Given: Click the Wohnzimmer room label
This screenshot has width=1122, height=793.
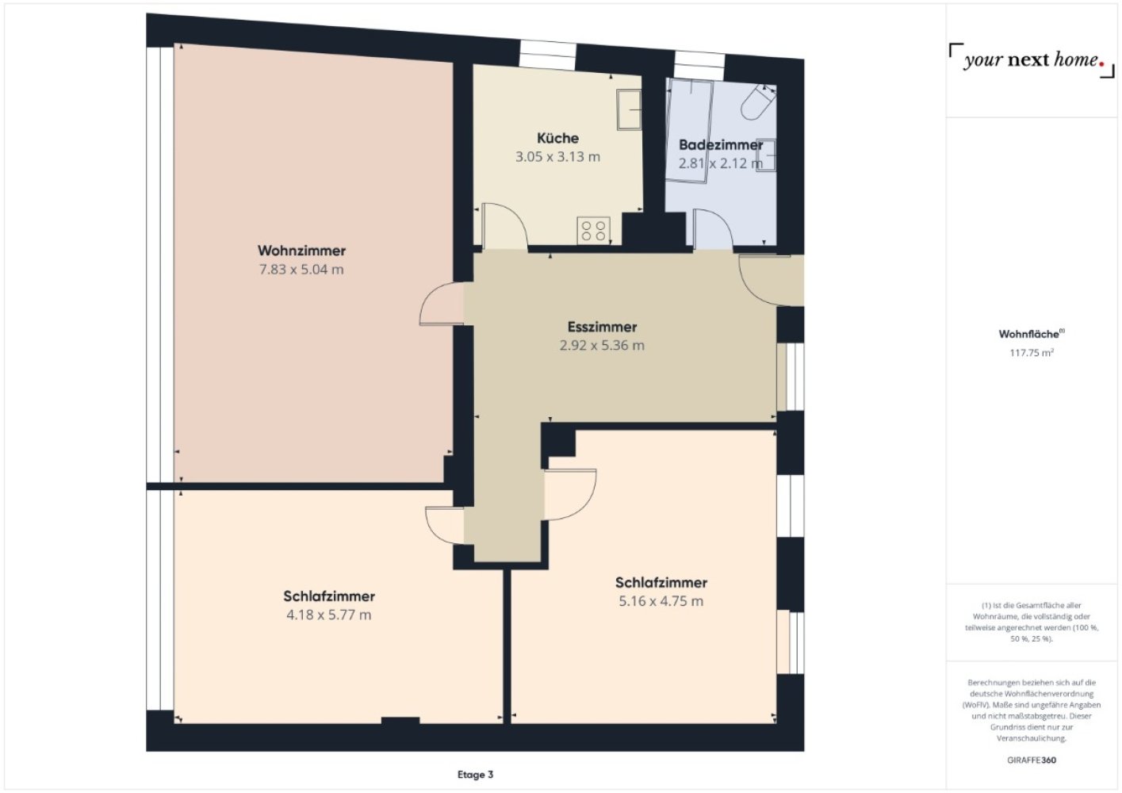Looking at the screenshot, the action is coord(301,251).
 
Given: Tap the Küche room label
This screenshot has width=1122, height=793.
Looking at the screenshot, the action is coord(557,138).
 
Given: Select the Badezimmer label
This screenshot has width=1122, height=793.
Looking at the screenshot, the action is coord(721,145).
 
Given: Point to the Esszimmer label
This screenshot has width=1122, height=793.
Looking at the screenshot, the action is coord(602,328).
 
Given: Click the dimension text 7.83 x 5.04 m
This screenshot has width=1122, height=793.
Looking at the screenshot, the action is coord(301,270).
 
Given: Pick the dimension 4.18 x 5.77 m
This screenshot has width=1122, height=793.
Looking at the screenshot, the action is coord(329,615).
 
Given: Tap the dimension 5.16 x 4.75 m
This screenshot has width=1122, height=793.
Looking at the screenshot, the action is coord(661,601).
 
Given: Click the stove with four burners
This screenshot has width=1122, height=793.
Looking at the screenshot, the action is coord(594,231).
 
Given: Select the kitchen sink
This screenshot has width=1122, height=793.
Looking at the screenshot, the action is coord(629,109).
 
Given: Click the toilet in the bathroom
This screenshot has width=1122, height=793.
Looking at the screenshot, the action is coord(758,102).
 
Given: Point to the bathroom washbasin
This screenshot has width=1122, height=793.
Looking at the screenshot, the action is coord(766,155).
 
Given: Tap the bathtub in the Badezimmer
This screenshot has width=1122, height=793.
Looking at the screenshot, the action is coord(689,131).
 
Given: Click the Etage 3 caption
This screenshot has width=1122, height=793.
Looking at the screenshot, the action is coord(475,775).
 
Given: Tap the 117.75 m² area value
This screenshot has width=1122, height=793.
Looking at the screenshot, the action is coord(1032,353).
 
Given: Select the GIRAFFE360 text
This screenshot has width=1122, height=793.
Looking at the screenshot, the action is coord(1032,760).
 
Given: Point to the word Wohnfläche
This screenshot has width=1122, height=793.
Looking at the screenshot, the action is coord(1028,334).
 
